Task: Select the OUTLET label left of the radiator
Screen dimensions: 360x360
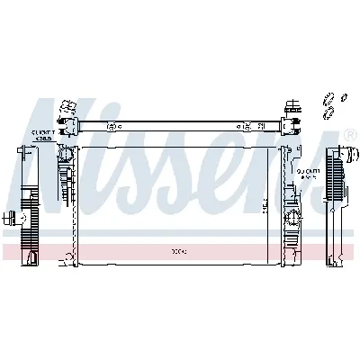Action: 42,134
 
